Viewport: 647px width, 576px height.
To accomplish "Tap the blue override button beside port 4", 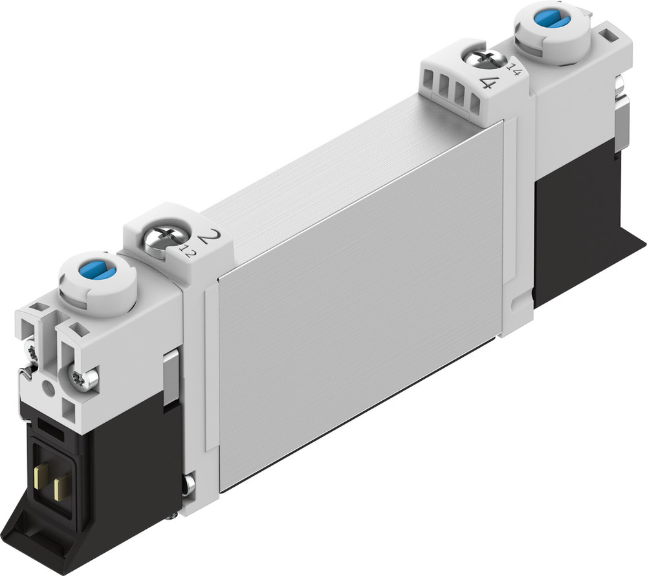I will pos(551,20).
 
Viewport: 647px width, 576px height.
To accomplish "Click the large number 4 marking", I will pos(490,83).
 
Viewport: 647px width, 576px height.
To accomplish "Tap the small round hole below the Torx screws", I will pos(48,390).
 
